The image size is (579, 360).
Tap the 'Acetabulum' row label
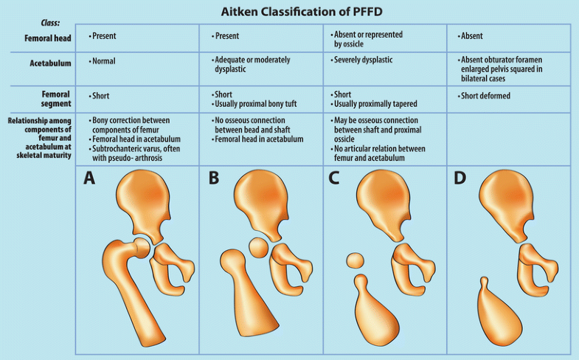49,63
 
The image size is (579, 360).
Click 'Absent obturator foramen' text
505,60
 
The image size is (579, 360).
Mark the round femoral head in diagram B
259,247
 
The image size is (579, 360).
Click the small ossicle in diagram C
356,260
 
